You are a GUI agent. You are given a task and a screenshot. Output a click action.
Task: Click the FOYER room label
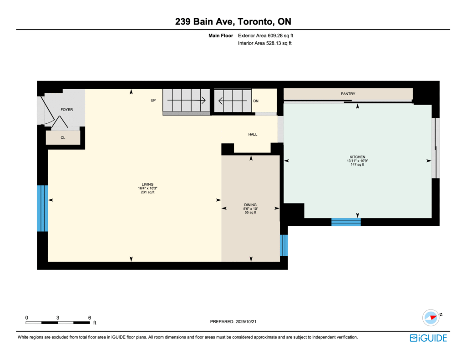[x=66, y=110]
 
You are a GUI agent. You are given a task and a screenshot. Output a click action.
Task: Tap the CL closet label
[x=63, y=137]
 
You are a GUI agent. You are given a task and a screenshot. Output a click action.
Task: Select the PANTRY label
[x=348, y=94]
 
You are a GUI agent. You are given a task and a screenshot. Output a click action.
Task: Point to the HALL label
[x=253, y=134]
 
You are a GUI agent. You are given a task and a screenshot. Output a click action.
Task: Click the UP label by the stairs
[x=153, y=101]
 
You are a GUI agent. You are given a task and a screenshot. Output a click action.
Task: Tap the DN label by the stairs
[x=256, y=101]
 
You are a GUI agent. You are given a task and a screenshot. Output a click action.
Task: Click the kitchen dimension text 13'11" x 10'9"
[x=357, y=161]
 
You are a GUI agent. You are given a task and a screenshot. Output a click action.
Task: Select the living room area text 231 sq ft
[x=147, y=193]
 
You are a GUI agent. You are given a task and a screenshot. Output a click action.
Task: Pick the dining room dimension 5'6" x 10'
[x=250, y=209]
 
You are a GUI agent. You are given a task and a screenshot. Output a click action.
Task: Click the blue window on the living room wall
[x=42, y=208]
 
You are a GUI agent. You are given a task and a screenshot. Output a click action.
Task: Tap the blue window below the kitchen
[x=346, y=222]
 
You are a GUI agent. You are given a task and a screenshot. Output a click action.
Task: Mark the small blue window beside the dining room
[x=284, y=245]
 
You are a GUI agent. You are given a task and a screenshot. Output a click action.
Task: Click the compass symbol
[x=431, y=318]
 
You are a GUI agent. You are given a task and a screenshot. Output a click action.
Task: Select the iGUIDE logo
[x=428, y=338]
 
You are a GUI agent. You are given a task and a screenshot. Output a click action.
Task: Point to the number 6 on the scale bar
[x=90, y=318]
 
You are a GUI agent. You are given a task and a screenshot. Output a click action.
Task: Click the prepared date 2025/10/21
[x=246, y=322]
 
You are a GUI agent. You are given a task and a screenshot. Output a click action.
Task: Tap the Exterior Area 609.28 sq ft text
[x=265, y=35]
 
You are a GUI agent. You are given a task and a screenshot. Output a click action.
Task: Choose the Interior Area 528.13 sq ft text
[x=264, y=43]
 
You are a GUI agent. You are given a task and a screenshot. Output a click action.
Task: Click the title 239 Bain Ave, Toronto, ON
[x=233, y=22]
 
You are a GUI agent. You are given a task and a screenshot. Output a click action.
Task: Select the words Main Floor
[x=221, y=35]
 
